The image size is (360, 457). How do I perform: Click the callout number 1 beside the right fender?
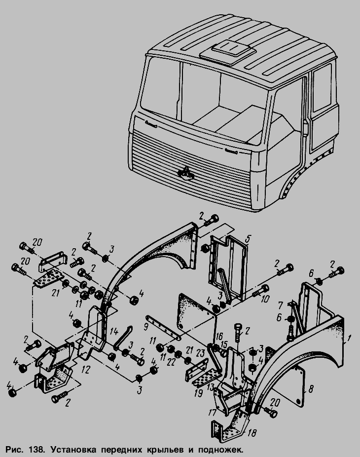point(350,339)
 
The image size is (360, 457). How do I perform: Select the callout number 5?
point(248,239)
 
